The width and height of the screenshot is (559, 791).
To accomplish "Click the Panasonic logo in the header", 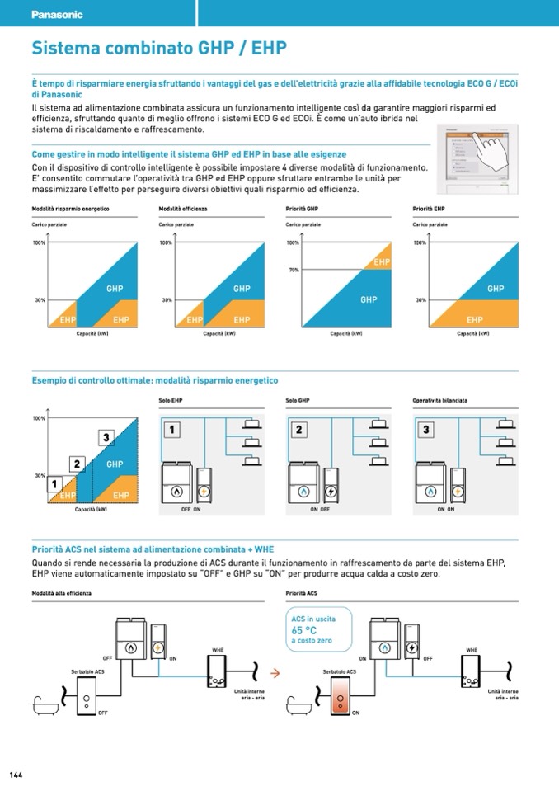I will pos(57,15).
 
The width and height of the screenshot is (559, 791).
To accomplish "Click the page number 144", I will pos(16,775).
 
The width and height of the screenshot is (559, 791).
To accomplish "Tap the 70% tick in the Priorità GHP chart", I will pos(294,270).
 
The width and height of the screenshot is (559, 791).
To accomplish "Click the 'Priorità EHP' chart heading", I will pos(429,209).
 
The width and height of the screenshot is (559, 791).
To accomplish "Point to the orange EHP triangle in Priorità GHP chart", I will pos(379,259).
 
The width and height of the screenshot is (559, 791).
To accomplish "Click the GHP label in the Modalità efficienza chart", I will pos(241,289).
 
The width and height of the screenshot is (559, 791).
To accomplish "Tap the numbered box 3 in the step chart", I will pos(106,437).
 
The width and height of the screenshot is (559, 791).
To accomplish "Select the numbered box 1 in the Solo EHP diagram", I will pos(171,430).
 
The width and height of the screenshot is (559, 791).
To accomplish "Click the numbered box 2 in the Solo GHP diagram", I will pos(298,430).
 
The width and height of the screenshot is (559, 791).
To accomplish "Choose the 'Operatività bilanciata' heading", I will pos(439,401).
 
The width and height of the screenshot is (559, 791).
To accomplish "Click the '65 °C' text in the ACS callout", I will pos(304,630).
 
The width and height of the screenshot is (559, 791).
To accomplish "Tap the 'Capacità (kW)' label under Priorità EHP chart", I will pos(473,334).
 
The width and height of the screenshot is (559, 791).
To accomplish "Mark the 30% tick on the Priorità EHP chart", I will pos(420,300).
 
